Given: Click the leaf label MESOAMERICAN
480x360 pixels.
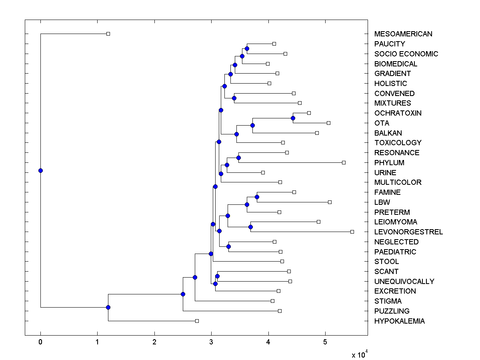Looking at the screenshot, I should click(x=403, y=34).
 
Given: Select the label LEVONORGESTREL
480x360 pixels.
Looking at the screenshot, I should click(x=408, y=232).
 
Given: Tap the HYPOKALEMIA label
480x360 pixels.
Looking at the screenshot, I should click(x=400, y=321).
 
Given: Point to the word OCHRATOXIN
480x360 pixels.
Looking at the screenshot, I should click(x=398, y=113).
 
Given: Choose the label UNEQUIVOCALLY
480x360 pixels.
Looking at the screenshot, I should click(x=404, y=282).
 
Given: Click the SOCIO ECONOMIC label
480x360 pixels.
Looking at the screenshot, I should click(x=406, y=54).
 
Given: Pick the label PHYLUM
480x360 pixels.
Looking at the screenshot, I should click(x=389, y=163).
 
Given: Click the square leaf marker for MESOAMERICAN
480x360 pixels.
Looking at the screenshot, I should click(x=108, y=34).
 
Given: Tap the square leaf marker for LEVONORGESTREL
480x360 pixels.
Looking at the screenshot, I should click(x=352, y=232).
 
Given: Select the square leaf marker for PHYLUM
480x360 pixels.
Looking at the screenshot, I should click(x=344, y=162).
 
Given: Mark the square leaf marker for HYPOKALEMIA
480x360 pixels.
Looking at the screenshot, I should click(x=197, y=321).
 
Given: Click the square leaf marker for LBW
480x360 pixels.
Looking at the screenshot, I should click(x=330, y=202).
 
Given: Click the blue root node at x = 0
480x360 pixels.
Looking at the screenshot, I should click(x=40, y=170).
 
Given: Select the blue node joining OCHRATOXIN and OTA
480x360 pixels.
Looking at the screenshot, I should click(x=293, y=118).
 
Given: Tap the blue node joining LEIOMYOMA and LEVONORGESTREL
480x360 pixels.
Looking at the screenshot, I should click(x=250, y=227).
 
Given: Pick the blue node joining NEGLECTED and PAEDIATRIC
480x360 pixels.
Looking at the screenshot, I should click(x=228, y=246).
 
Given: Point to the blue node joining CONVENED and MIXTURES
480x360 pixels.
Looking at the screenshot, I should click(x=234, y=98).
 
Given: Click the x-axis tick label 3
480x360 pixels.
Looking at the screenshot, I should click(x=211, y=342).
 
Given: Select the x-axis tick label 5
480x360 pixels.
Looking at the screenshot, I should click(x=325, y=342).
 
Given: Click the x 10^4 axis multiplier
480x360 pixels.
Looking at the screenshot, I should click(x=358, y=355).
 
